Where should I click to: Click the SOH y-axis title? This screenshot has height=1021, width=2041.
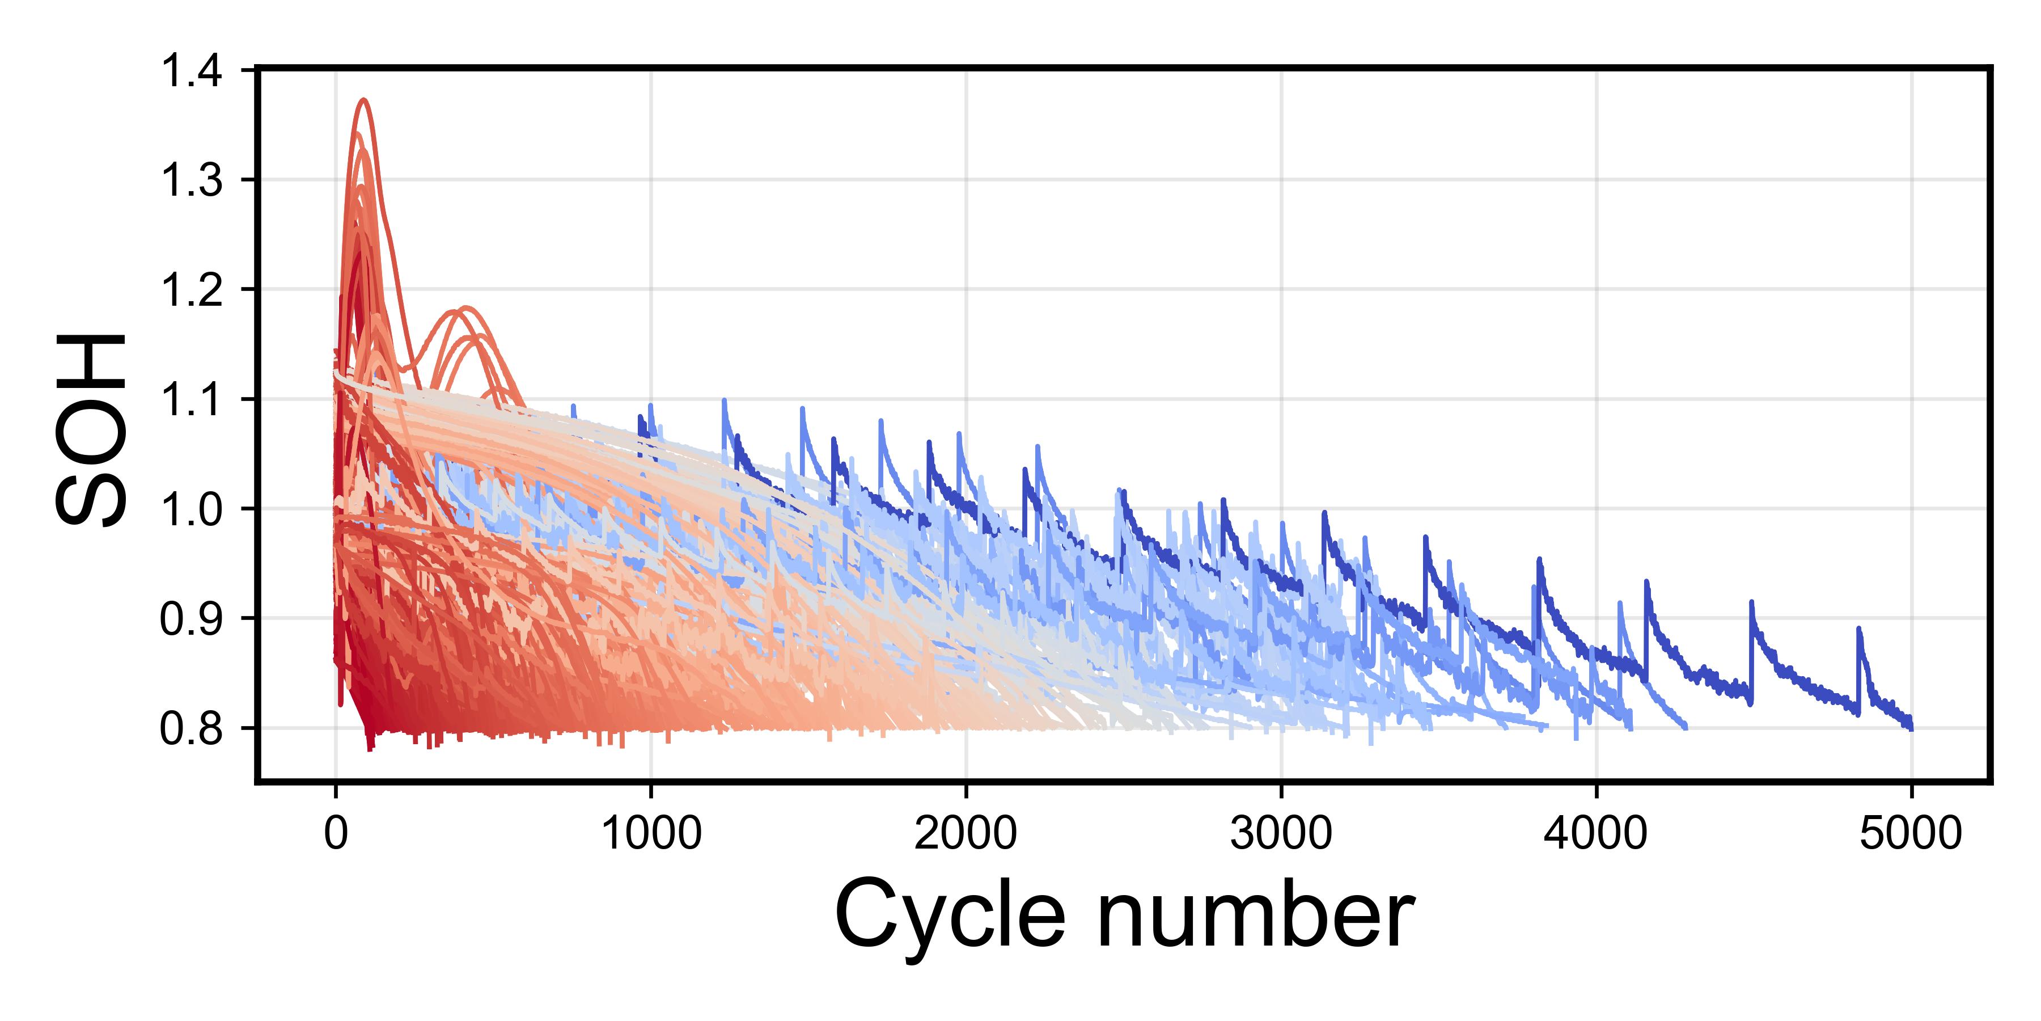click(x=91, y=428)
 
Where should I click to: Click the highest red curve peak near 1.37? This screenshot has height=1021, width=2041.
click(x=365, y=100)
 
